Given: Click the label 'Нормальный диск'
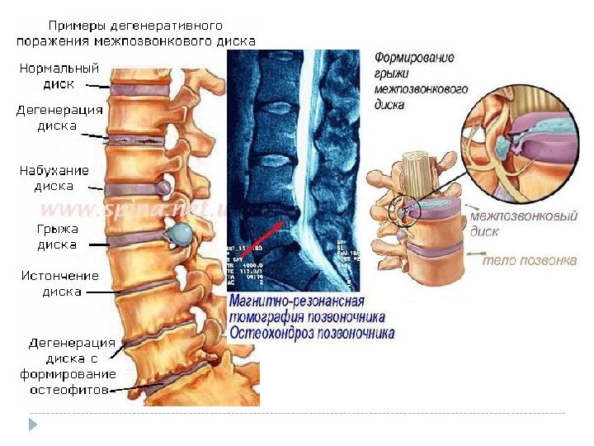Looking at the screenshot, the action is pos(59,75).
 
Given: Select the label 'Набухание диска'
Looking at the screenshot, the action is pos(54,178).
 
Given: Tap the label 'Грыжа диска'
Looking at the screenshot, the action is pos(56,237).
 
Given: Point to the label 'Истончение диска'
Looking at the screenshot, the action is pos(59,283).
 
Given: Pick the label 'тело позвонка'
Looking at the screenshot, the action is pos(529,260).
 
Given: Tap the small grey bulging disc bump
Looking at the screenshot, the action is pos(164,188).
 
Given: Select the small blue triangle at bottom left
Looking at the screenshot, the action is pos(33,425).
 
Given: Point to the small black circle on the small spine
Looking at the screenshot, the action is pos(408,211).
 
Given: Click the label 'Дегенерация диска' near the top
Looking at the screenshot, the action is pos(59,118).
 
